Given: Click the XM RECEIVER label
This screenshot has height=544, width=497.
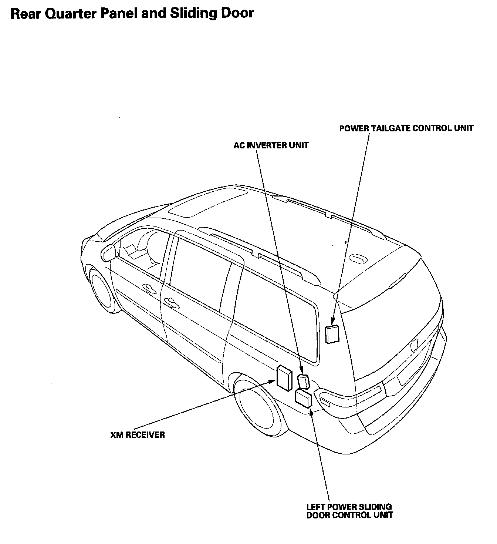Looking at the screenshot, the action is click(x=137, y=434).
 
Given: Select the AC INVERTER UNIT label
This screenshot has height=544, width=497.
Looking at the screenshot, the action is click(x=271, y=145).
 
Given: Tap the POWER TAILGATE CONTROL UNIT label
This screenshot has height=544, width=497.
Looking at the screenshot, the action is click(x=406, y=128).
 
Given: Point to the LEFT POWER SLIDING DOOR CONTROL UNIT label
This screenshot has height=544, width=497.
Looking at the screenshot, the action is click(x=349, y=511).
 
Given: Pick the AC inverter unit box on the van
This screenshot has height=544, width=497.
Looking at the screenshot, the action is click(x=304, y=381).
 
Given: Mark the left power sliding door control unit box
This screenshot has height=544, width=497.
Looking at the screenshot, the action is click(x=304, y=398).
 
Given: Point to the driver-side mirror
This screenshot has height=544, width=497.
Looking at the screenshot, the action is click(x=108, y=253).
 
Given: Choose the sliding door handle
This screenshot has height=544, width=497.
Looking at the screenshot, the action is click(x=171, y=302).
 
